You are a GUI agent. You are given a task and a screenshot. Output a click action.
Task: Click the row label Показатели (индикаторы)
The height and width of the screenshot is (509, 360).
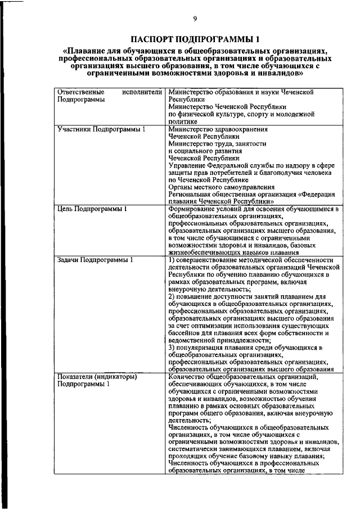[x=97, y=377]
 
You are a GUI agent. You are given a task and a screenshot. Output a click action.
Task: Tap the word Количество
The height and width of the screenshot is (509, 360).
[x=188, y=377]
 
